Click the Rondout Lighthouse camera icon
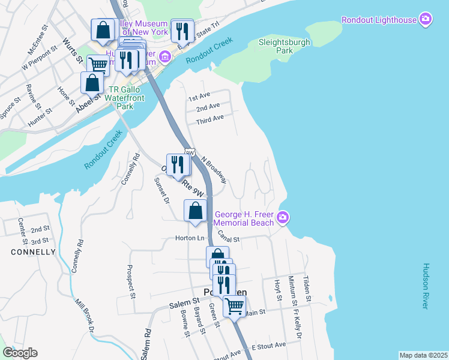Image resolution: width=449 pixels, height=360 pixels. (x=426, y=20)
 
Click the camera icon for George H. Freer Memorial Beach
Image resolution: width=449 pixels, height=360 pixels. (x=284, y=217)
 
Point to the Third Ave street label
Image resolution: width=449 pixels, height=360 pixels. (x=209, y=118)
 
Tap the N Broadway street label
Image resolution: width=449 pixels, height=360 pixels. (x=214, y=170)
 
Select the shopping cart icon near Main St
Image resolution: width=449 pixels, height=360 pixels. (x=234, y=306)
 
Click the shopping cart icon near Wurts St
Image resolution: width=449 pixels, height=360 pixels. (x=97, y=64)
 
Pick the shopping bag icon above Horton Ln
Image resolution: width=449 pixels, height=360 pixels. (x=196, y=211)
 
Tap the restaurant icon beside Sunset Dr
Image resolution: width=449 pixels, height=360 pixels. (x=177, y=164)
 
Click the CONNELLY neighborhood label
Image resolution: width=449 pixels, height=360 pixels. (x=34, y=252)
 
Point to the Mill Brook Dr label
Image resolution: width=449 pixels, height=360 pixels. (x=84, y=315)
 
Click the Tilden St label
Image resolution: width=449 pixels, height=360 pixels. (x=306, y=289)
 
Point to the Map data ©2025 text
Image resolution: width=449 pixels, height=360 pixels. (x=423, y=355)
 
